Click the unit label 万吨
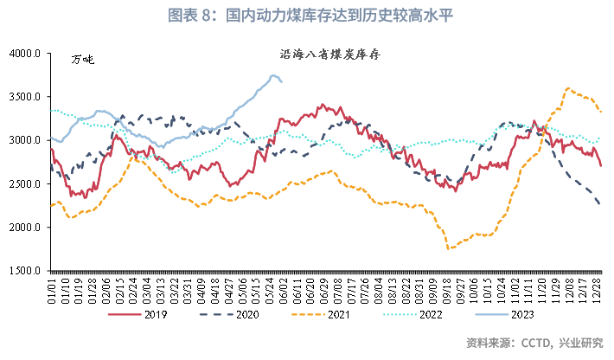pyautogui.click(x=82, y=60)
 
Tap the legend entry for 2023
pyautogui.click(x=515, y=314)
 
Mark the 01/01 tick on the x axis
pyautogui.click(x=53, y=288)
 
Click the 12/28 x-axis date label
pyautogui.click(x=598, y=288)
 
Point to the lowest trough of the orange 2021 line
pyautogui.click(x=448, y=249)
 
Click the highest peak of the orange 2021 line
pyautogui.click(x=567, y=87)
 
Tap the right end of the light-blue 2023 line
pyautogui.click(x=282, y=83)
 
